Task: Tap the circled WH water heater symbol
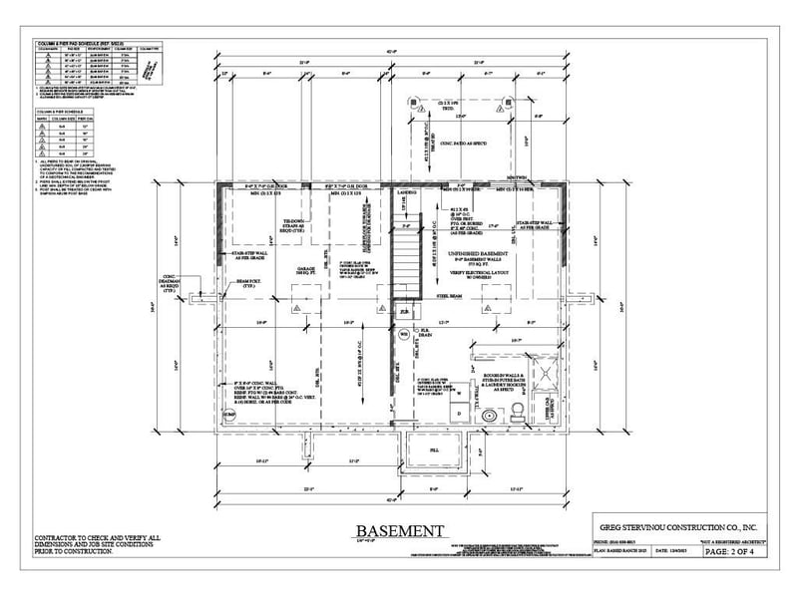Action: coord(405,336)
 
